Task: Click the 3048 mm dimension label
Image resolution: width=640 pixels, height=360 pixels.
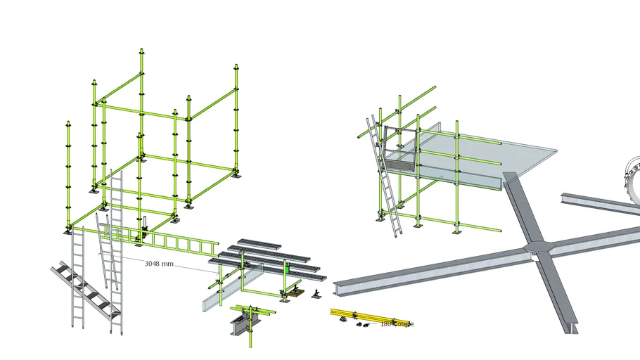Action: pos(158,264)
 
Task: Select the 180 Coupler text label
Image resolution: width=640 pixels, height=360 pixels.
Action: pos(397,324)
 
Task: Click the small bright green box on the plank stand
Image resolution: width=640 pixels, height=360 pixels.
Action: pos(287,268)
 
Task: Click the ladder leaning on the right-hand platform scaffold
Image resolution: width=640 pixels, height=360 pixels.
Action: pos(382,176)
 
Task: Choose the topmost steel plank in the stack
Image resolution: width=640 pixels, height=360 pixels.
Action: pos(259,243)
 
